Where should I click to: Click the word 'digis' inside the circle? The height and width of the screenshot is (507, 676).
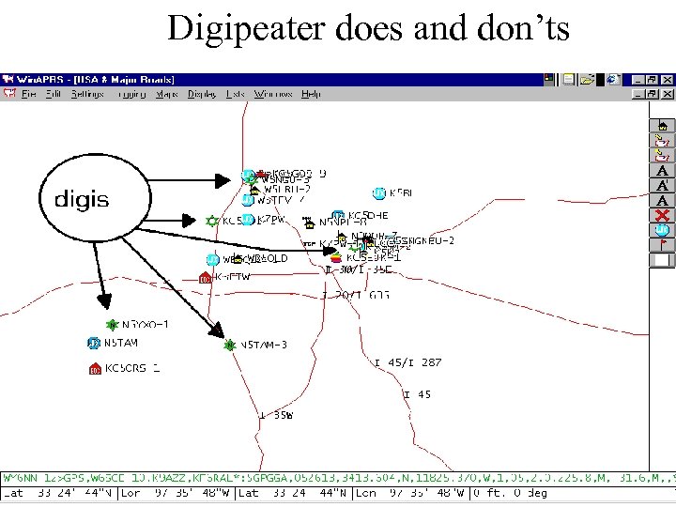pyautogui.click(x=82, y=199)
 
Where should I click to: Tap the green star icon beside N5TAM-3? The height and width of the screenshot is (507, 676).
pyautogui.click(x=229, y=346)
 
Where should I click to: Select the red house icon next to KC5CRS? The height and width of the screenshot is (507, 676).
pyautogui.click(x=94, y=369)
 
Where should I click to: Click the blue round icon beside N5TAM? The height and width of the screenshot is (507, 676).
pyautogui.click(x=93, y=344)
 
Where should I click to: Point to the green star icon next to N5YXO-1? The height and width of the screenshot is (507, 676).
pyautogui.click(x=112, y=325)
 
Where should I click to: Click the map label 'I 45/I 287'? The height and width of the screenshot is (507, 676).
pyautogui.click(x=407, y=362)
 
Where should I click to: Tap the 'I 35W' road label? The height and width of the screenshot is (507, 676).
pyautogui.click(x=276, y=414)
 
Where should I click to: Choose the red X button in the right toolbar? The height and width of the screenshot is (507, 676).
pyautogui.click(x=663, y=215)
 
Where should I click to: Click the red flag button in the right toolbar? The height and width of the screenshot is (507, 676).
pyautogui.click(x=663, y=244)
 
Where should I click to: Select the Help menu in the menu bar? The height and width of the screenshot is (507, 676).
pyautogui.click(x=311, y=94)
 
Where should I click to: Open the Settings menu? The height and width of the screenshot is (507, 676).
pyautogui.click(x=87, y=94)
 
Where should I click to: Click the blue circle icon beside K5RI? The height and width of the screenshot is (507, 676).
pyautogui.click(x=379, y=193)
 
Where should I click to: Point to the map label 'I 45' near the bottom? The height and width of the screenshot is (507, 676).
pyautogui.click(x=418, y=395)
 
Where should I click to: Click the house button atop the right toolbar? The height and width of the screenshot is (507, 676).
pyautogui.click(x=663, y=125)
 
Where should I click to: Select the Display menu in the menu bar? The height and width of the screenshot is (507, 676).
pyautogui.click(x=202, y=94)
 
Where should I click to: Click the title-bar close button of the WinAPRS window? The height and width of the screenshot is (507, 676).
pyautogui.click(x=666, y=80)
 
